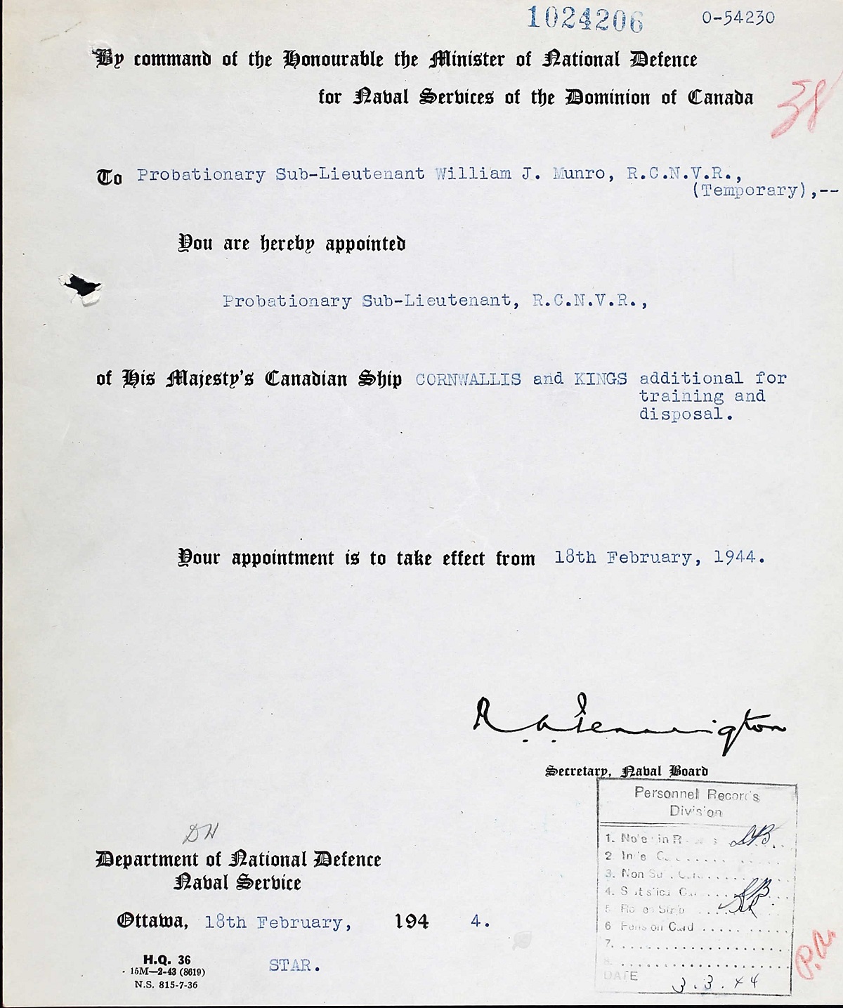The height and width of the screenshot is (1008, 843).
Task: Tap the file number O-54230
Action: pos(738,18)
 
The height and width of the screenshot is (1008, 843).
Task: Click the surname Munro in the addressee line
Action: pos(579,174)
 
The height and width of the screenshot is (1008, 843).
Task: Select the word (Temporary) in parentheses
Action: pos(747,190)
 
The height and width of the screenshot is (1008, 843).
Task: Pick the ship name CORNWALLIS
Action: pos(469,379)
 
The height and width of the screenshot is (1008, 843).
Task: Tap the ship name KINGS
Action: pos(600,379)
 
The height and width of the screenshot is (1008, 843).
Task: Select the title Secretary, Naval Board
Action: pos(626,771)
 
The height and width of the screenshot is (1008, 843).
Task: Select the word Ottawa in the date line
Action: pos(152,921)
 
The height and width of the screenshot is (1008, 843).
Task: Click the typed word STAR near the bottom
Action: pos(294,966)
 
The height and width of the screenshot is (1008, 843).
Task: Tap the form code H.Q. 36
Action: pos(166,960)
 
